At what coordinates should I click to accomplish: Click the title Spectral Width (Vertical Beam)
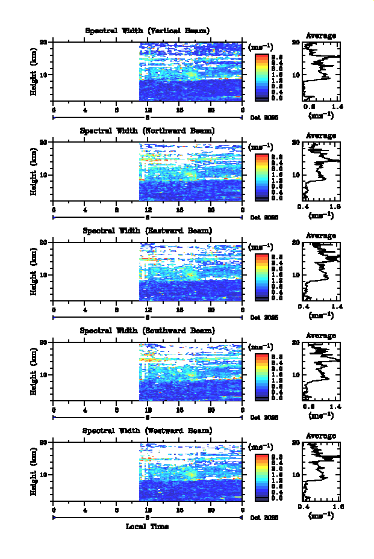(148, 31)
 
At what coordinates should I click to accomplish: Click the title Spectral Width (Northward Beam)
(148, 131)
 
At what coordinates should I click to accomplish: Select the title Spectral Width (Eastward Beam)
(148, 230)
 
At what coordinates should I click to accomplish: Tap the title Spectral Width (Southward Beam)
(148, 331)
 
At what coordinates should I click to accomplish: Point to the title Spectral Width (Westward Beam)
(148, 431)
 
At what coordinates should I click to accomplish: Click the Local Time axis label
(147, 527)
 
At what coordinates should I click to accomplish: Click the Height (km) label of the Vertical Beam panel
(34, 71)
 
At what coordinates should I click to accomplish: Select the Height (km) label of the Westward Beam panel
(34, 471)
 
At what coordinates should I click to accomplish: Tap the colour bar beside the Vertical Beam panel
(262, 76)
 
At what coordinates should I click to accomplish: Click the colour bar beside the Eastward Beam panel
(262, 276)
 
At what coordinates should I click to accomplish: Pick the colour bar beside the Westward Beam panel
(262, 476)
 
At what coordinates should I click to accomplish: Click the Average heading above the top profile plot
(321, 36)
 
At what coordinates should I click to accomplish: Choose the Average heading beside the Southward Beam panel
(321, 336)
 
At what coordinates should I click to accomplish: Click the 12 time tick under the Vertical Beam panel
(148, 109)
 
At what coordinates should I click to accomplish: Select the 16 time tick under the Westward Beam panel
(179, 509)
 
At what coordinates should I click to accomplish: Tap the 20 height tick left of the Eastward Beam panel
(43, 242)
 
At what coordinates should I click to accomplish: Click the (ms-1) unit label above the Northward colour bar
(260, 147)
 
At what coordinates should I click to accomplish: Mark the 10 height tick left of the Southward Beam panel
(43, 374)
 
